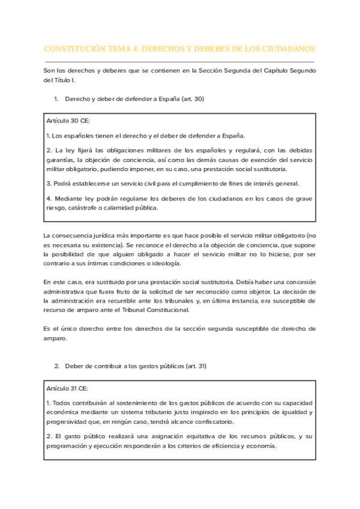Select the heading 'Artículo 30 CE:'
click(67, 121)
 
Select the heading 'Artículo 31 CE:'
click(67, 388)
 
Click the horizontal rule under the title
click(179, 62)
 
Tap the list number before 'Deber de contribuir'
click(56, 366)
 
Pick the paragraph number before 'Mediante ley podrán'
click(48, 198)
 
